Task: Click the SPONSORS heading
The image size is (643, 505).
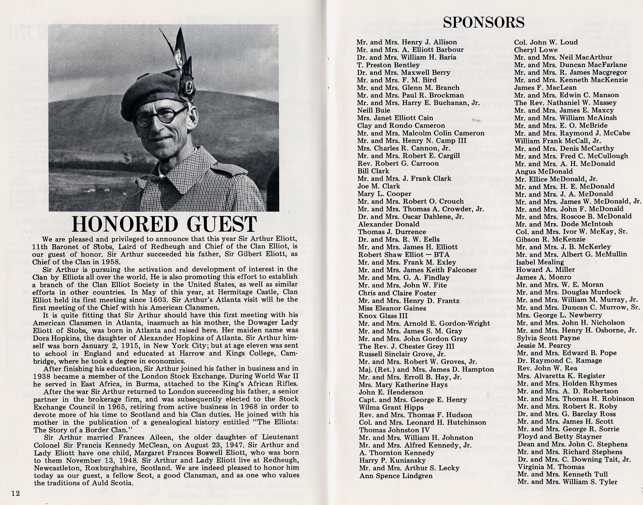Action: pos(484,22)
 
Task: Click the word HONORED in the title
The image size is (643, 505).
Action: pos(124,224)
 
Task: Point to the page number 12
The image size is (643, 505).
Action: pos(16,493)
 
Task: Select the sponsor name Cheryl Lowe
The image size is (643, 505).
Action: pos(536,50)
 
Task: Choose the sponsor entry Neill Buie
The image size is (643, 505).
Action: pos(374,110)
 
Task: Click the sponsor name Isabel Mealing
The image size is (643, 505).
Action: pos(540,262)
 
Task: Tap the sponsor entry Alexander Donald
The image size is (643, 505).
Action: pos(383,224)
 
